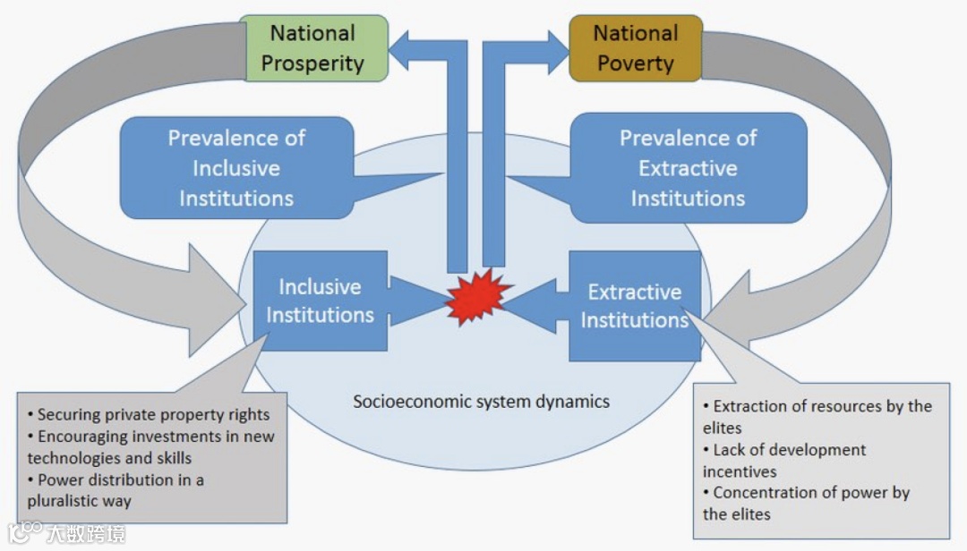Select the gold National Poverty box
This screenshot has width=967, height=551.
tap(636, 48)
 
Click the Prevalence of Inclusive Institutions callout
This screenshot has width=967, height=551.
tap(236, 168)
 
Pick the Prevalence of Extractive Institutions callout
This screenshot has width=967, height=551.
tap(688, 168)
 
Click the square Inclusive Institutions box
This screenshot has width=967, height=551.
tap(320, 301)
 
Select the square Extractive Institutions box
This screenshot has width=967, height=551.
tap(635, 306)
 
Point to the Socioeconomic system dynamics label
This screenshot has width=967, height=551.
tap(481, 401)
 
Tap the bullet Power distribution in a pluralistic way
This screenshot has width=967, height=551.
tap(116, 490)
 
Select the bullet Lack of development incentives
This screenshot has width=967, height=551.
tap(784, 460)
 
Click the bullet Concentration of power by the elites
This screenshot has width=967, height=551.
tap(806, 503)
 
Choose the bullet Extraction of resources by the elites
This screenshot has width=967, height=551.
tap(817, 417)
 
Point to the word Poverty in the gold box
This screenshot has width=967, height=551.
tap(636, 64)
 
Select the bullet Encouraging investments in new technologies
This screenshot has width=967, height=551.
tap(150, 447)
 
